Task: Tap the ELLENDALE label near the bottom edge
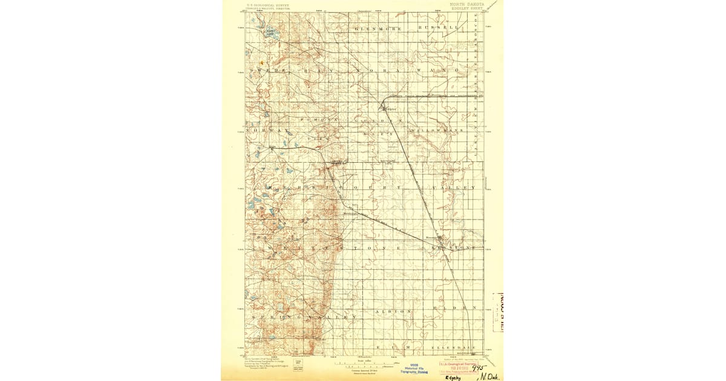pos(453,348)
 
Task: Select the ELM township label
pos(393,348)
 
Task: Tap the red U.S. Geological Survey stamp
pos(459,368)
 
